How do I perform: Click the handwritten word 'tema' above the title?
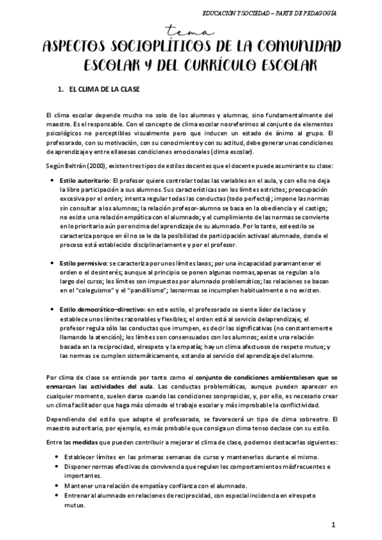pyautogui.click(x=191, y=31)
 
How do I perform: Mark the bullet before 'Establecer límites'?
pyautogui.click(x=58, y=458)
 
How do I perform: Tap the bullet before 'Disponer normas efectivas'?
pyautogui.click(x=58, y=468)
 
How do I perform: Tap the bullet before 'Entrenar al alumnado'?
pyautogui.click(x=58, y=496)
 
